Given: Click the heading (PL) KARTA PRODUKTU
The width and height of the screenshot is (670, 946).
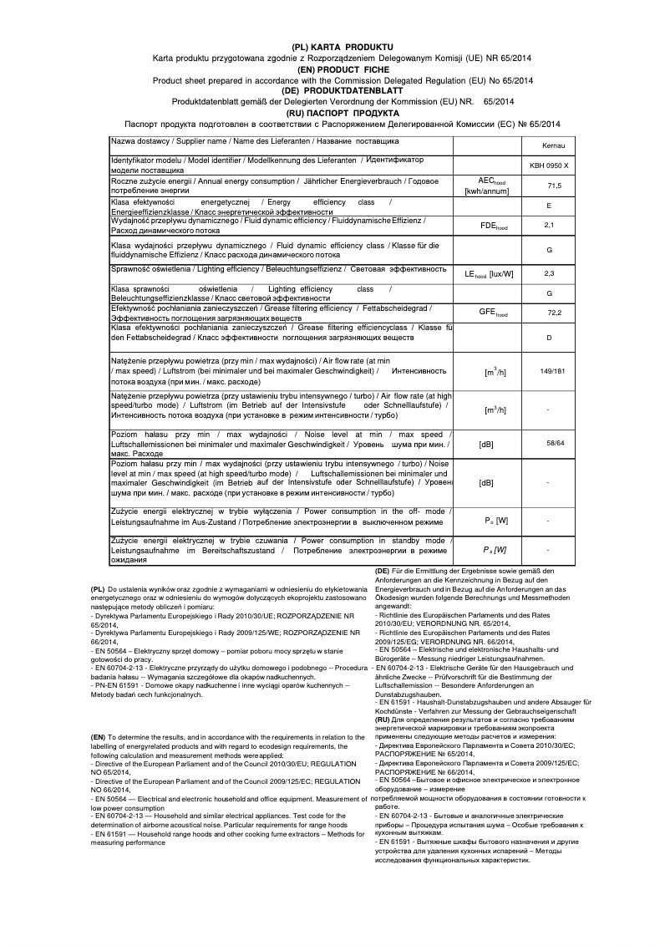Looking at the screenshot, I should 343,47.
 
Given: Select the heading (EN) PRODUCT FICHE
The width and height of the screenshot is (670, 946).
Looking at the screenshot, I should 343,69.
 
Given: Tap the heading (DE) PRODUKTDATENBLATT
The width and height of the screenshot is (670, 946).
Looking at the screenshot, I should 343,90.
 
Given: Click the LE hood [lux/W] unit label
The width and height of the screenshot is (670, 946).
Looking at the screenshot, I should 489,273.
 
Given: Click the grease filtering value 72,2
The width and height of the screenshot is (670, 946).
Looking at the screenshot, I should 553,313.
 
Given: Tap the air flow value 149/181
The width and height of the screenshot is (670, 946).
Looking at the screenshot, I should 552,369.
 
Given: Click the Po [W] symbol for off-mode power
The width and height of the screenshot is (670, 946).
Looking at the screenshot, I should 496,521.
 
